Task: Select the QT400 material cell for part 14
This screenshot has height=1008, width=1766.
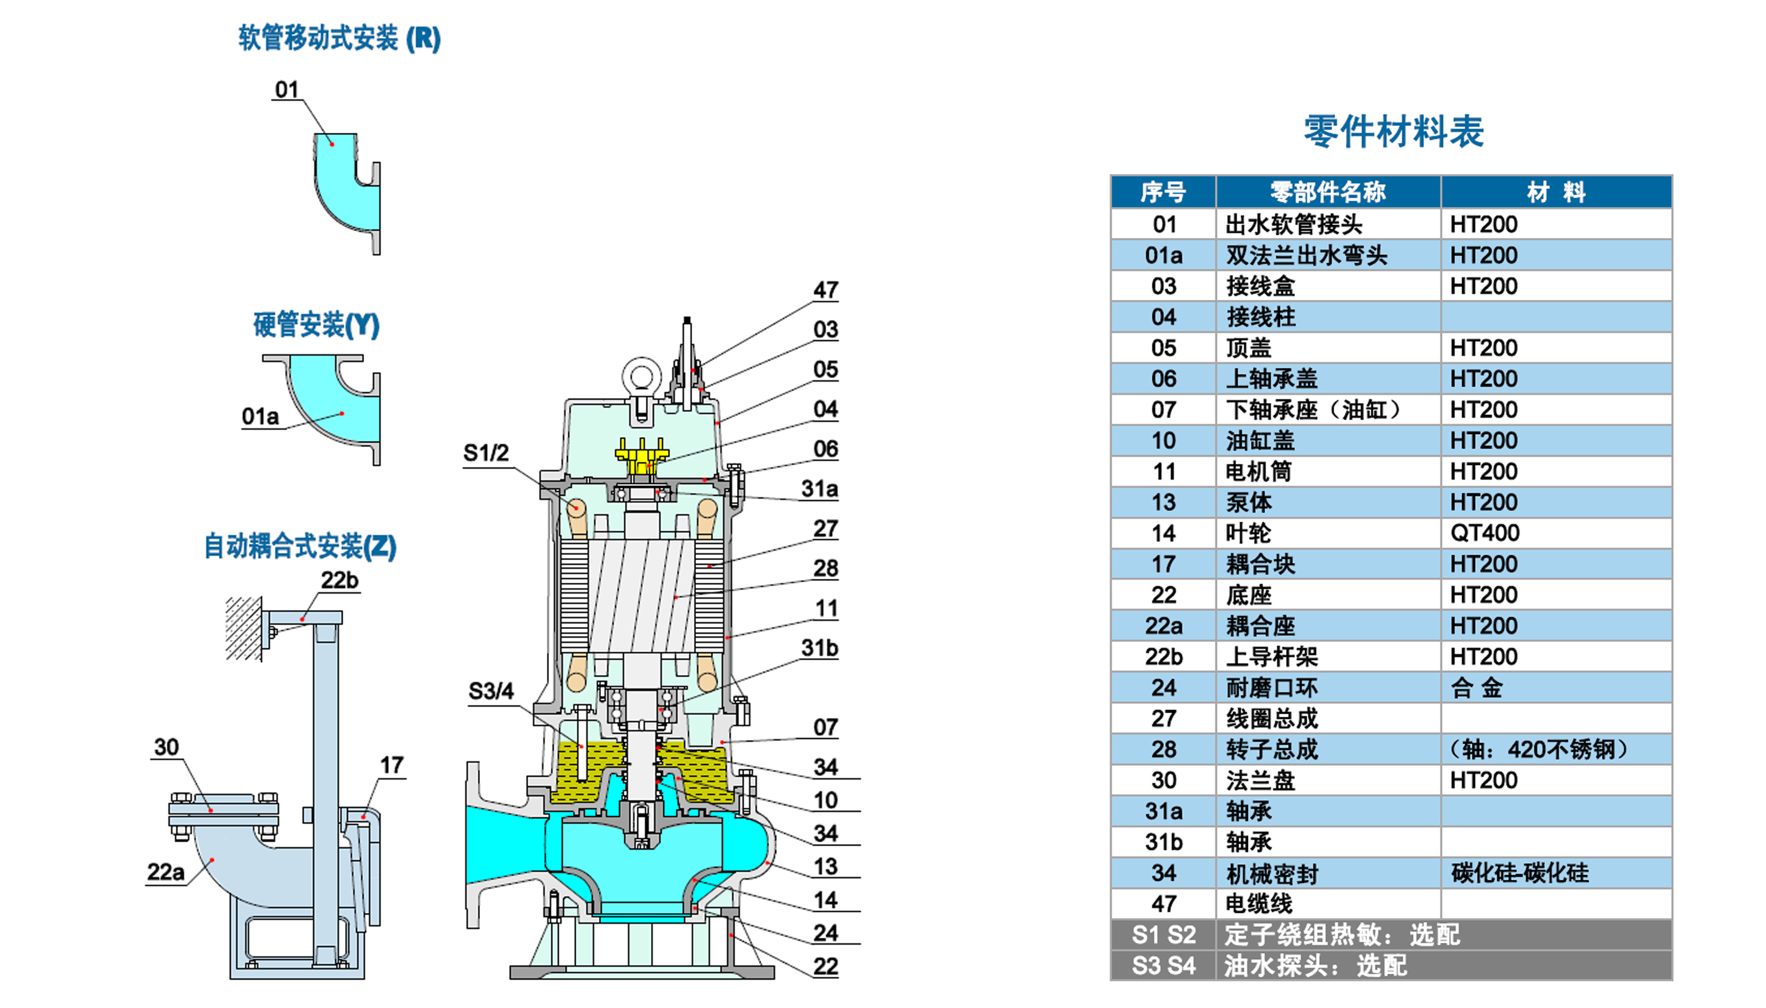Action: pyautogui.click(x=1484, y=533)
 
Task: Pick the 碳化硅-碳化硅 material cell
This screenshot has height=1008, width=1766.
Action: pyautogui.click(x=1520, y=873)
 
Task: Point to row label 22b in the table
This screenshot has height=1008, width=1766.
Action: pyautogui.click(x=1163, y=656)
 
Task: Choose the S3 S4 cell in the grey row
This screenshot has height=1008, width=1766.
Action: pyautogui.click(x=1163, y=965)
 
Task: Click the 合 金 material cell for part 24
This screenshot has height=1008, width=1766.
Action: pyautogui.click(x=1476, y=687)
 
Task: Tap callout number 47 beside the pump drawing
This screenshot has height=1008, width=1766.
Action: pyautogui.click(x=826, y=289)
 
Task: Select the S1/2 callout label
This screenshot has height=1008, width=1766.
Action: pyautogui.click(x=486, y=453)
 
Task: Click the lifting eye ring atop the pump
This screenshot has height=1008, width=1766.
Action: pyautogui.click(x=640, y=376)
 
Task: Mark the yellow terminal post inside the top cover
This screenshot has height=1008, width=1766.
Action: pyautogui.click(x=642, y=454)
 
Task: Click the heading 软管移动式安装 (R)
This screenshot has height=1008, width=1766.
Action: pyautogui.click(x=339, y=38)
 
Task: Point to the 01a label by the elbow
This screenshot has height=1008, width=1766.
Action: pyautogui.click(x=260, y=417)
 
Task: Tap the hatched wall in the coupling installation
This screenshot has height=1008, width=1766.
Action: pyautogui.click(x=243, y=628)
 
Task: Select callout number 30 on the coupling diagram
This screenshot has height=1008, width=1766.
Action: pyautogui.click(x=166, y=747)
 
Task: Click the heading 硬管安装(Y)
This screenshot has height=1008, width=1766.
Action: pyautogui.click(x=316, y=325)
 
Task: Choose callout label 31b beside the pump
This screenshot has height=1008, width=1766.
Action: pyautogui.click(x=819, y=648)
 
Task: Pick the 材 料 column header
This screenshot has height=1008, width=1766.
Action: pyautogui.click(x=1556, y=192)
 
